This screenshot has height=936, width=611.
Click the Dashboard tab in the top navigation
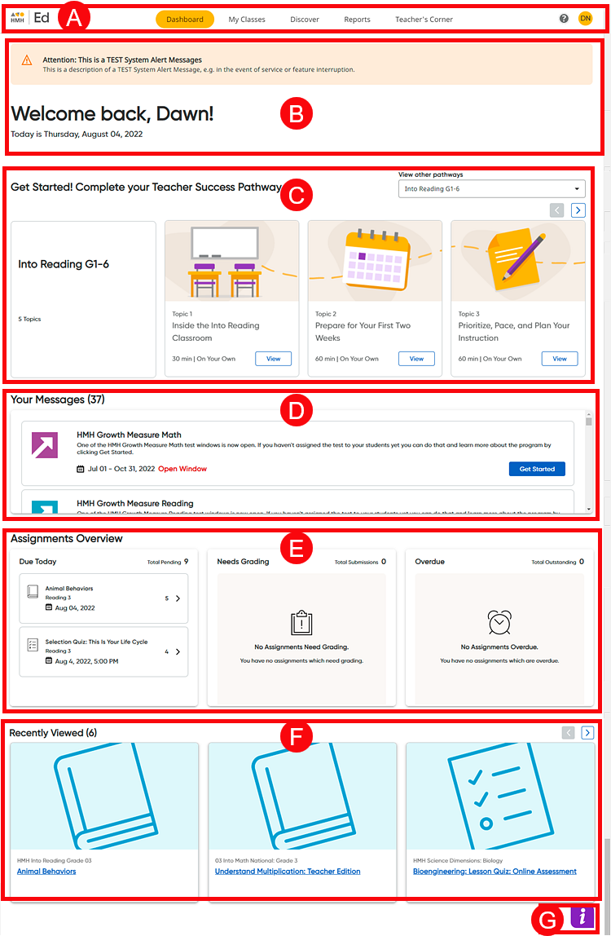point(184,20)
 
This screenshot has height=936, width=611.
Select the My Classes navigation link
point(247,20)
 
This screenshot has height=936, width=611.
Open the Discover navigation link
point(305,20)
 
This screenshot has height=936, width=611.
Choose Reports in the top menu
point(357,20)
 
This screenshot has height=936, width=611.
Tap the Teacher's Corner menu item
point(424,20)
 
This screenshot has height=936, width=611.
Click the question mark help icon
point(564,19)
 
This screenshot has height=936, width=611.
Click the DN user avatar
point(585,19)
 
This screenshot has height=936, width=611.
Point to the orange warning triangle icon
point(27,60)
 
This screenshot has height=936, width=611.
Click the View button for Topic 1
point(273,359)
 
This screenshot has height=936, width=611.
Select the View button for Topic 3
point(560,359)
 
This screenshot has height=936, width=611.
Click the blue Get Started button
point(537,469)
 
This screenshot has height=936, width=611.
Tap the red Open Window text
point(182,469)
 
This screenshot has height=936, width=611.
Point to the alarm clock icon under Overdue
point(499,622)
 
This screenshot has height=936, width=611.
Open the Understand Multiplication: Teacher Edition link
point(288,871)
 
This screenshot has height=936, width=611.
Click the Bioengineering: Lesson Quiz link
point(495,871)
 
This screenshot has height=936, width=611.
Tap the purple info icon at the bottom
point(582,916)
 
